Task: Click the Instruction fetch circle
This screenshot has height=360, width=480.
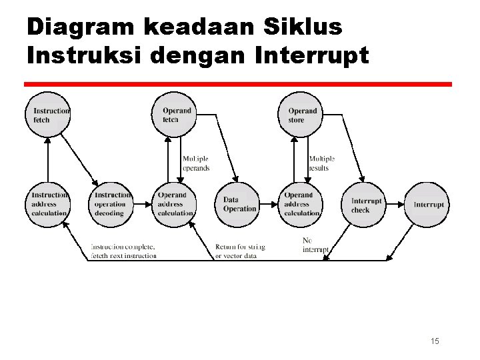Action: tap(48, 115)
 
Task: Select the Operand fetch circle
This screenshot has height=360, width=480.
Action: tap(176, 115)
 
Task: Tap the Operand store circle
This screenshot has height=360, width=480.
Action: tap(301, 115)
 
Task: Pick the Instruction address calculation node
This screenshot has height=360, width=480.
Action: tap(48, 204)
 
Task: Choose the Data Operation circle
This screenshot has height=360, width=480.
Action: tap(239, 204)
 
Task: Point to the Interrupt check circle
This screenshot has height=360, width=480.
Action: tap(365, 205)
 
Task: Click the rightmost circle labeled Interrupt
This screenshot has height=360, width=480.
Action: tap(428, 205)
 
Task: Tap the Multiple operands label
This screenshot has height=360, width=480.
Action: tap(196, 163)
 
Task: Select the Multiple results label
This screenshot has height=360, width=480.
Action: tap(321, 163)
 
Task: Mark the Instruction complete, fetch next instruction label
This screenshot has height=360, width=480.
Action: tap(124, 251)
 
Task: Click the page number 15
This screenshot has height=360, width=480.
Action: tap(435, 341)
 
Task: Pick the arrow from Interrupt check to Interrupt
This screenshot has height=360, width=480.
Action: tap(396, 205)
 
